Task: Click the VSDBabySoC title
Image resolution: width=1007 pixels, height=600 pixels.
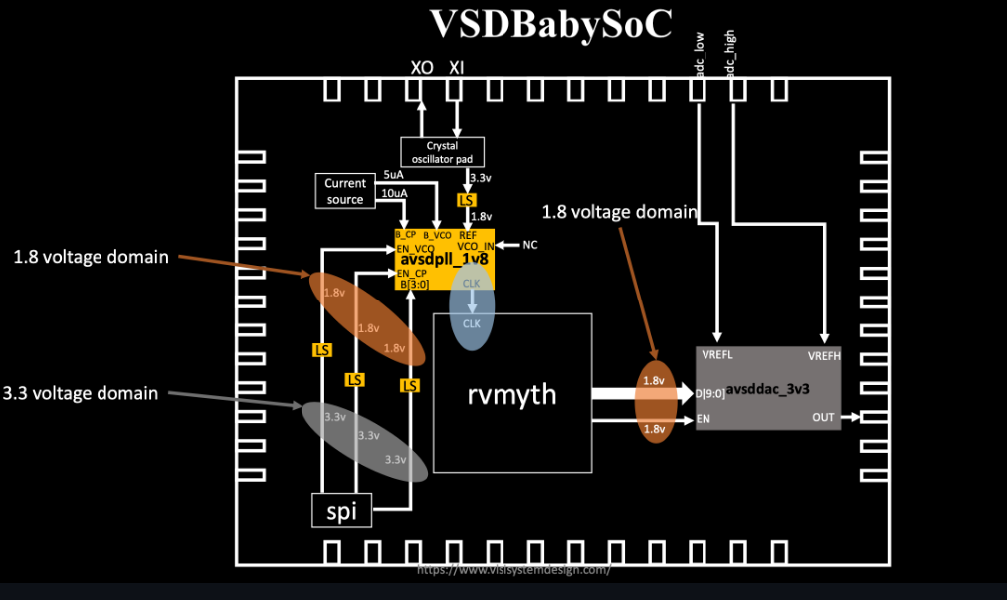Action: coord(550,24)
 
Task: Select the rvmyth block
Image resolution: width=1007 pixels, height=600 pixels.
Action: coord(511,394)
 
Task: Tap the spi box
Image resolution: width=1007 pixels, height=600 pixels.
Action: coord(341,512)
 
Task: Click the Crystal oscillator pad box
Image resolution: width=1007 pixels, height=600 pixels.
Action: coord(442,151)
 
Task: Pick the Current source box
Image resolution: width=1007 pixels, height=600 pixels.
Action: coord(345,191)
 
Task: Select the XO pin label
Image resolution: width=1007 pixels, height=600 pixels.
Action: coord(422,67)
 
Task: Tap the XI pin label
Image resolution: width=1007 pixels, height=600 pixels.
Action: coord(457,67)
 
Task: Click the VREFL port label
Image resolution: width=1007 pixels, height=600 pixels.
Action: coord(717,354)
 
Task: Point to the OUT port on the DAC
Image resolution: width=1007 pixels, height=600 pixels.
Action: coord(823,418)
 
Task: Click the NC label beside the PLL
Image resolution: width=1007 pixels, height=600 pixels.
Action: coord(530,245)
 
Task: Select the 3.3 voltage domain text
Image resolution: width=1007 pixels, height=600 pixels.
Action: coord(81,393)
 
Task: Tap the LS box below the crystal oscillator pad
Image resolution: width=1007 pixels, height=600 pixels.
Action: coord(466,200)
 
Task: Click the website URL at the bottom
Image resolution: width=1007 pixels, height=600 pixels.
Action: coord(512,570)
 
